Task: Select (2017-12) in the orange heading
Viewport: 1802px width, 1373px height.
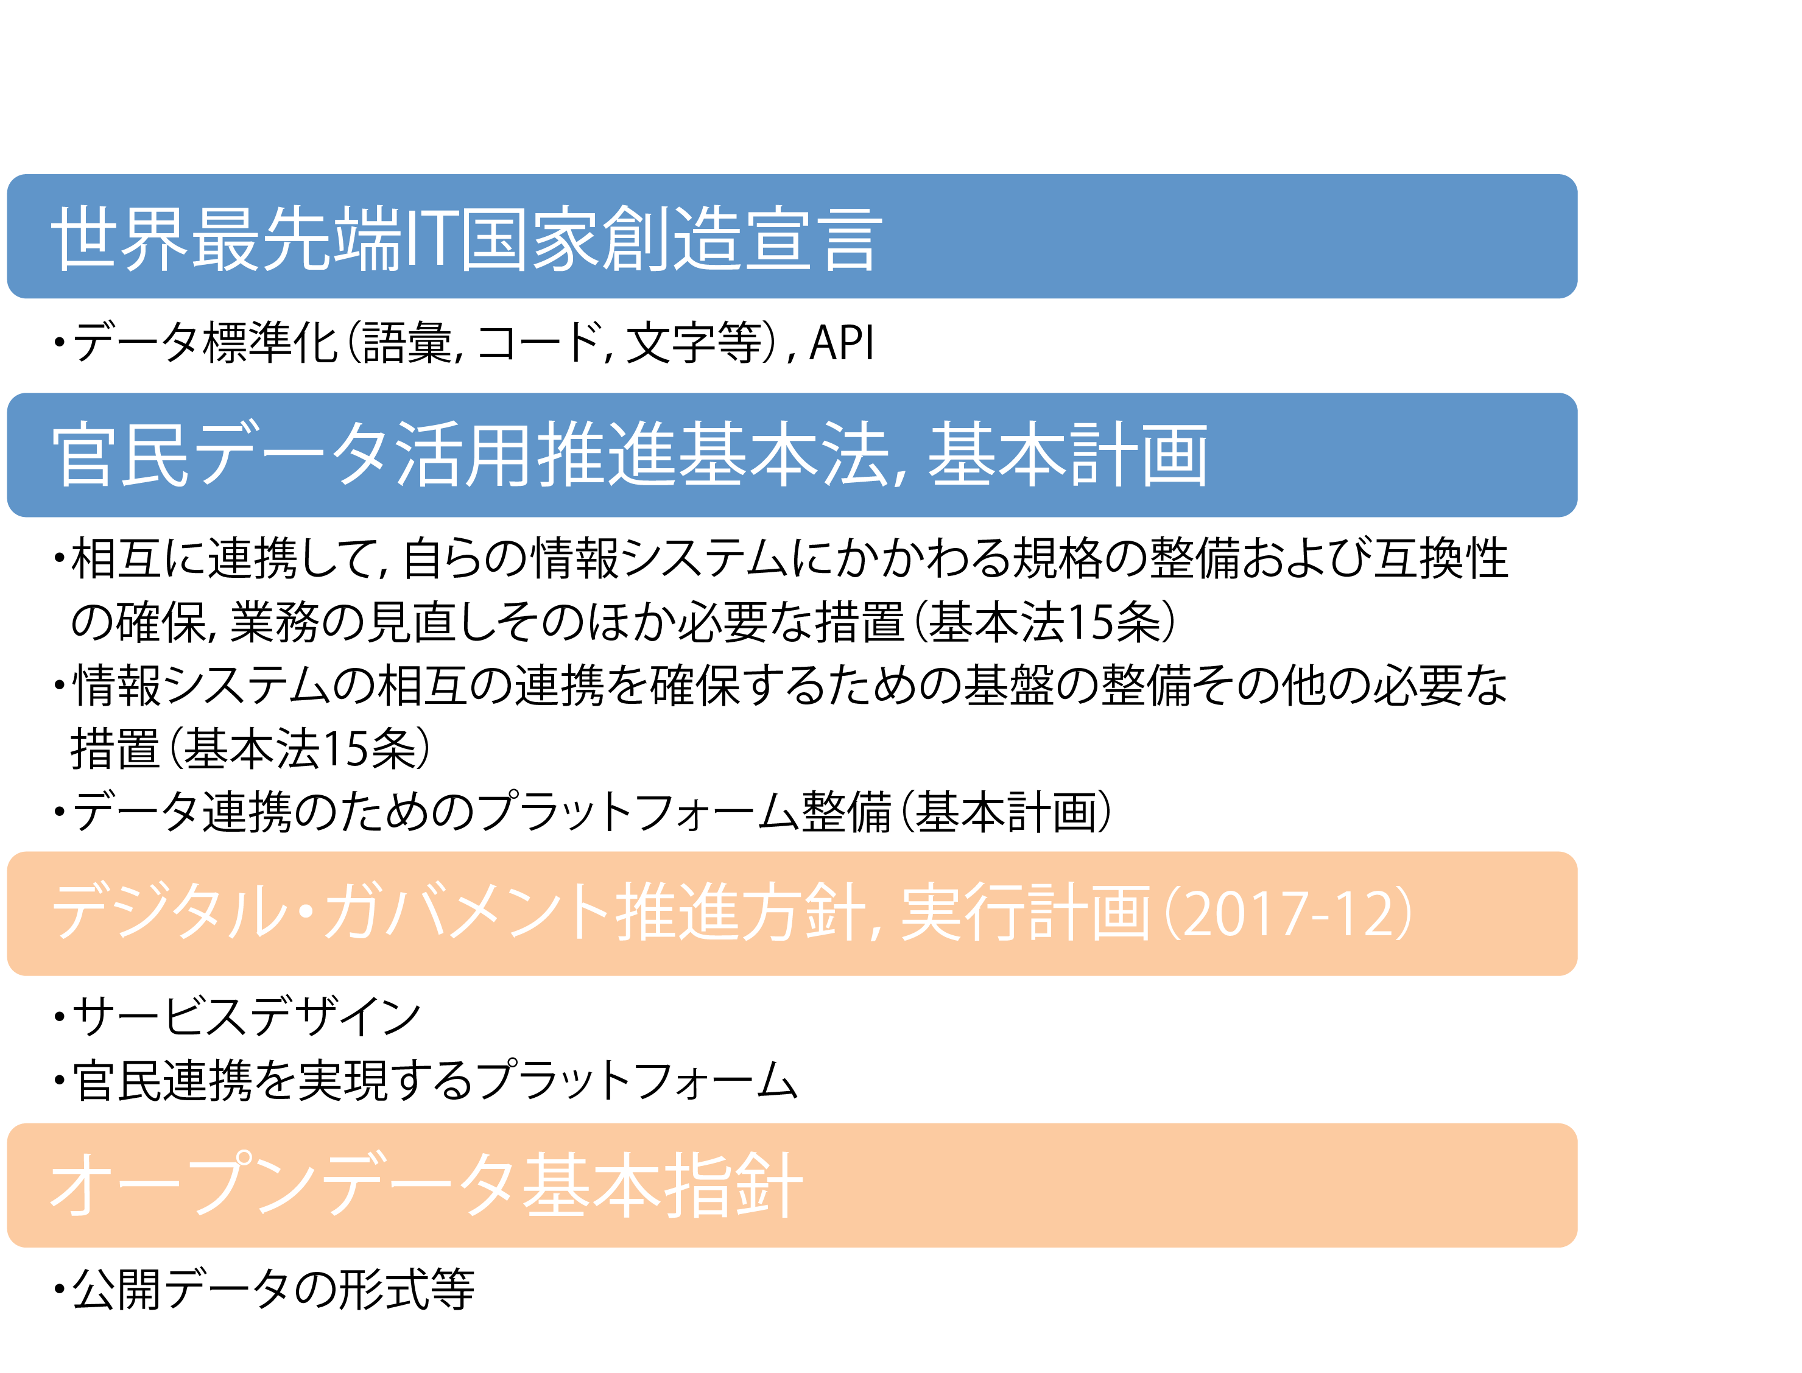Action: [x=1288, y=914]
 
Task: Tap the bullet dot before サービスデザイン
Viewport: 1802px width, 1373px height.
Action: [x=59, y=1018]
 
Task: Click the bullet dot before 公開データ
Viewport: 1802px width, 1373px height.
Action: [x=59, y=1290]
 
